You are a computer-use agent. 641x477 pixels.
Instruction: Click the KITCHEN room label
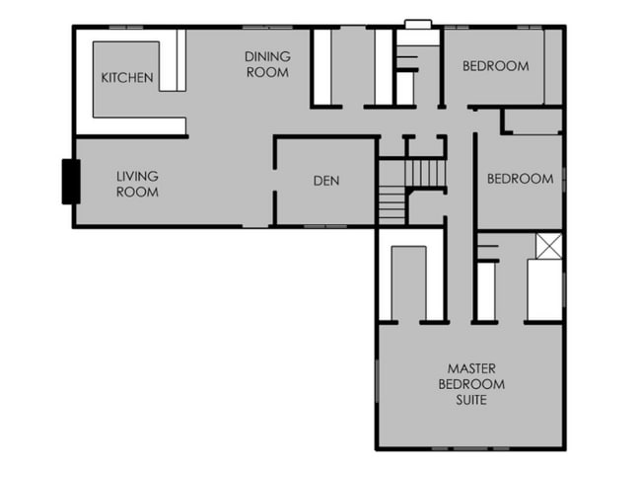(127, 78)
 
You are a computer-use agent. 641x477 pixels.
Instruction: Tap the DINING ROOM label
(268, 64)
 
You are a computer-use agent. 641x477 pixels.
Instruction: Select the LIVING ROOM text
(137, 185)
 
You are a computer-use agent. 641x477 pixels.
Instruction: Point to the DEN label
(326, 181)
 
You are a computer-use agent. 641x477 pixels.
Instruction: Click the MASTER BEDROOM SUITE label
(471, 384)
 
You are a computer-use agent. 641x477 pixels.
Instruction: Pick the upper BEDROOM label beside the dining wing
(496, 66)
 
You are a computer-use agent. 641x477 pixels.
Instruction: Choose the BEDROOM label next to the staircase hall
(521, 179)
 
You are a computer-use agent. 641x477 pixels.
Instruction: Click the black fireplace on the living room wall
(71, 182)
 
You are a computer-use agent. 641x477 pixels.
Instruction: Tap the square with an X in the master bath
(548, 246)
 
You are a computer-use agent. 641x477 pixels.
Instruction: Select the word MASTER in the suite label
(471, 368)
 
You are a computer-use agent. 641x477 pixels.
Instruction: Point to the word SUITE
(471, 400)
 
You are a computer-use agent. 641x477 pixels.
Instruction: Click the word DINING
(268, 56)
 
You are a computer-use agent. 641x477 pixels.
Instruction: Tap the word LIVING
(137, 177)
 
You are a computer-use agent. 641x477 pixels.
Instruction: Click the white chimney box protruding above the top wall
(418, 24)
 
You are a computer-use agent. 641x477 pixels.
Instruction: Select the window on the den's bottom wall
(325, 226)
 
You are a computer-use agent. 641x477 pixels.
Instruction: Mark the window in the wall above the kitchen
(126, 28)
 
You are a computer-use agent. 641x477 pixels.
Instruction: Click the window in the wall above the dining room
(267, 28)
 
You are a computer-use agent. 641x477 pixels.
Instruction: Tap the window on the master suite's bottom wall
(470, 448)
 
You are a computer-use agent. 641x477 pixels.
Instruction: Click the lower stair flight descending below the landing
(392, 205)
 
